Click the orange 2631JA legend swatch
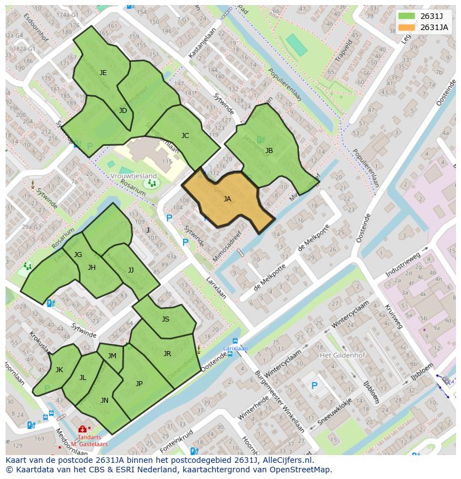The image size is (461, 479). (407, 27)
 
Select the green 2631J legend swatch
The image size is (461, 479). (407, 16)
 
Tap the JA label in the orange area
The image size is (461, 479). (227, 199)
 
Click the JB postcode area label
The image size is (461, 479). (269, 151)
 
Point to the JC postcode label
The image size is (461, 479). (185, 136)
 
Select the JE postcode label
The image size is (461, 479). (103, 73)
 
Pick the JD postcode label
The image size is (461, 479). (123, 111)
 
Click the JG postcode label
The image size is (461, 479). (78, 255)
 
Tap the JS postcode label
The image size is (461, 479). (165, 319)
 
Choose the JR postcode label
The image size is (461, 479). (167, 354)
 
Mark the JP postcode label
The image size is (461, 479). (139, 383)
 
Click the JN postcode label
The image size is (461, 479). (105, 401)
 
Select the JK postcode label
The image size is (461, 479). (59, 370)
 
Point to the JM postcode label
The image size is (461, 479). (112, 356)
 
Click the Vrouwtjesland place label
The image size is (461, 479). (134, 176)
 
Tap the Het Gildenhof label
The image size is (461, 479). (339, 355)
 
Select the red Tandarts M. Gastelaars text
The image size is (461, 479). (89, 441)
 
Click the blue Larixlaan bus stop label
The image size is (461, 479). (235, 349)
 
